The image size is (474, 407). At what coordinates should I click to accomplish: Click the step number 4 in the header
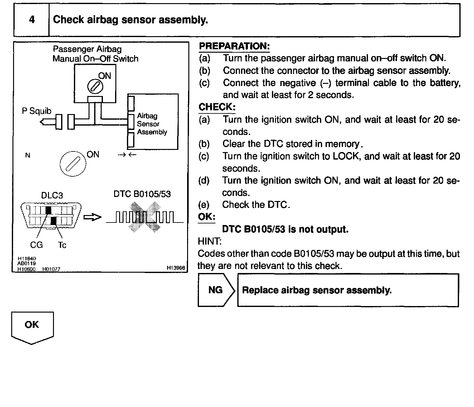click(32, 20)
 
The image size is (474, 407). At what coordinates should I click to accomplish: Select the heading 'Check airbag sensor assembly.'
click(130, 20)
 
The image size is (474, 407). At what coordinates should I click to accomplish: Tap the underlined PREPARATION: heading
click(234, 46)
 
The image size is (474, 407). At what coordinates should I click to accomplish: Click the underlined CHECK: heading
click(217, 107)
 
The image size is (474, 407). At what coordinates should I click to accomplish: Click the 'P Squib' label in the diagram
click(36, 111)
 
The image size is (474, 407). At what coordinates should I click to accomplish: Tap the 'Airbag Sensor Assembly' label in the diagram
click(152, 124)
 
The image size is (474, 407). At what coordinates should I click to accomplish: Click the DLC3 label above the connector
click(52, 195)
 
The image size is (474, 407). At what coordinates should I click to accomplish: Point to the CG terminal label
click(36, 245)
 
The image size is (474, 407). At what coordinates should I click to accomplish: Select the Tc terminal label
click(62, 245)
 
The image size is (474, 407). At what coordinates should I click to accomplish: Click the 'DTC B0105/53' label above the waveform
click(142, 194)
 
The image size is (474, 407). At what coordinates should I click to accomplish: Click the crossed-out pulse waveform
click(145, 217)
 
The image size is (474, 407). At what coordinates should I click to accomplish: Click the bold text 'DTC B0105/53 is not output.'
click(285, 229)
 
